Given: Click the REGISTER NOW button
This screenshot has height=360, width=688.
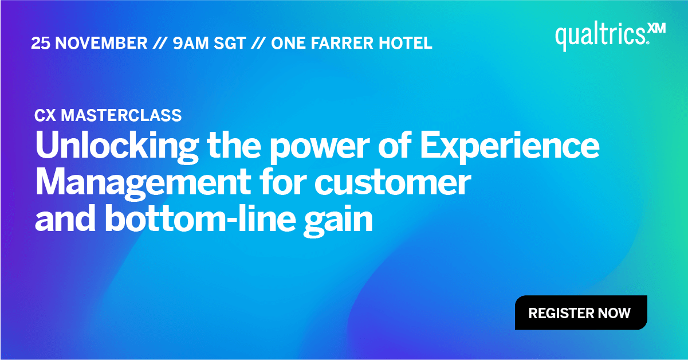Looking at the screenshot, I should [580, 313].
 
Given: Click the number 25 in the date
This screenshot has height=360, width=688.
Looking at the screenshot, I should [41, 43].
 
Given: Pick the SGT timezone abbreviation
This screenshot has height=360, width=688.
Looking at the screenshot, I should [230, 43].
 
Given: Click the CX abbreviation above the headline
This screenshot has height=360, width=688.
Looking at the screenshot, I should [45, 115].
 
